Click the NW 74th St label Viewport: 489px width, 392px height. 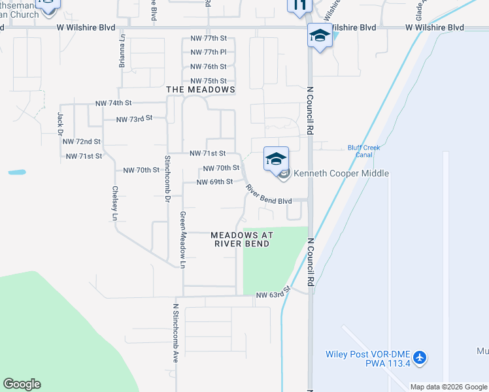(114, 103)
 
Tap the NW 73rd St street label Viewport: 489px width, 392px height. (134, 119)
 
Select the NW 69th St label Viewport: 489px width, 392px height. (214, 182)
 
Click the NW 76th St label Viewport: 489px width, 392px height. (209, 67)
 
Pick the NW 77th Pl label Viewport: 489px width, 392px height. (209, 52)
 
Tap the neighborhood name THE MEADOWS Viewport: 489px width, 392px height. (201, 90)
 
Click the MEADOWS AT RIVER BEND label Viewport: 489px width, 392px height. (242, 239)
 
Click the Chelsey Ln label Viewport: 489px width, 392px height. (115, 203)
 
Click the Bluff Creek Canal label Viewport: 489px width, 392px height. (360, 151)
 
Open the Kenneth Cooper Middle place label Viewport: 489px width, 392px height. (341, 173)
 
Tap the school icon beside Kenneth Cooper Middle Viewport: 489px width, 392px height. (276, 159)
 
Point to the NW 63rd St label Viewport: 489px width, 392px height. (272, 295)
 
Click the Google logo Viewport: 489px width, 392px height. (22, 384)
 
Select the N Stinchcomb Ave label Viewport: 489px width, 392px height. (175, 333)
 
